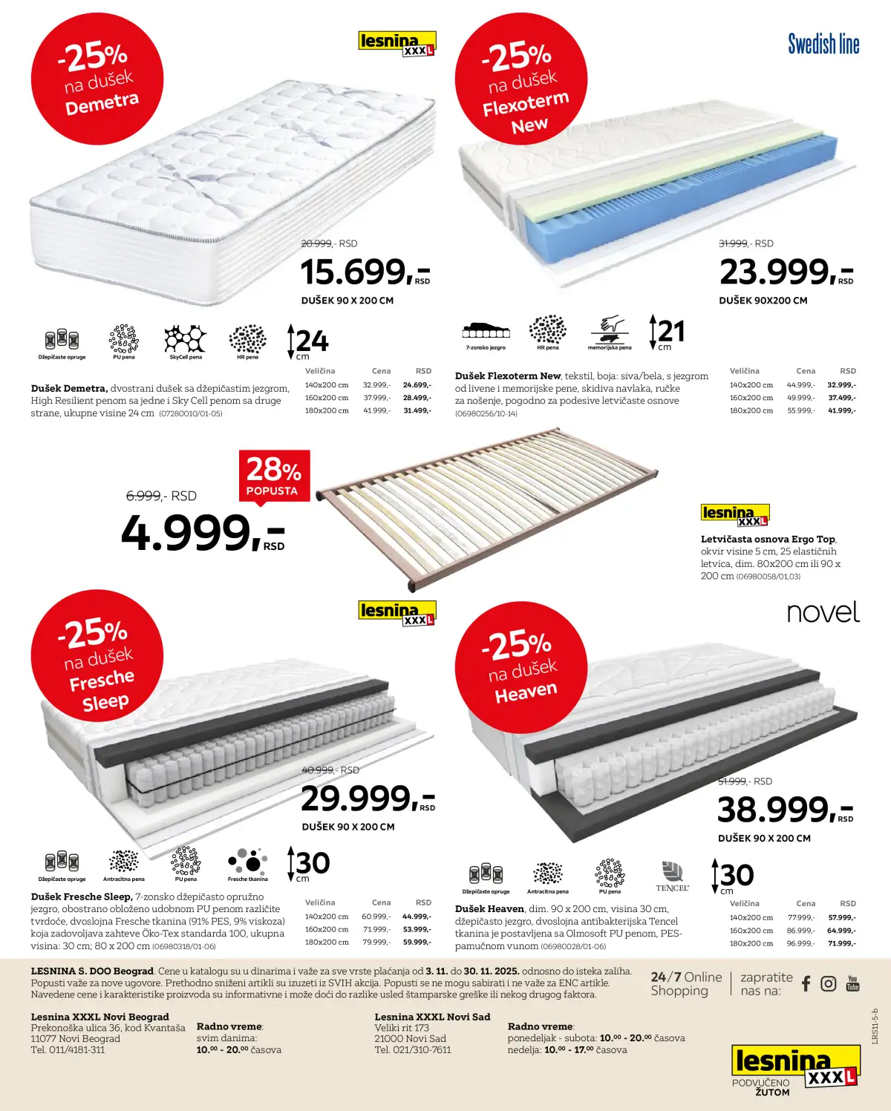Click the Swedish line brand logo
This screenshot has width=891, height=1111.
[x=823, y=45]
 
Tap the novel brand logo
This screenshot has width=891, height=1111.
[x=823, y=612]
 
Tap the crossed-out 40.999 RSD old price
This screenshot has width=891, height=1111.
[x=330, y=770]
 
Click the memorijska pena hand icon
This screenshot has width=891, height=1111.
[x=610, y=329]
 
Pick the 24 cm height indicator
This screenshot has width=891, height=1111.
[x=309, y=341]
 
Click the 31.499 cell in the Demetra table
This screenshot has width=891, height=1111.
[x=417, y=410]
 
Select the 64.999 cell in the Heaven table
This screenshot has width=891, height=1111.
[x=841, y=931]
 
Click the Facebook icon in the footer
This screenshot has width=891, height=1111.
[x=806, y=983]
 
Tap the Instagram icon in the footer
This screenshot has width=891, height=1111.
[x=829, y=983]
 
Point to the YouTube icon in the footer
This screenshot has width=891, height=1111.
[x=852, y=983]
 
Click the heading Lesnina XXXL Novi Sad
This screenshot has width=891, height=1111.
[x=432, y=1017]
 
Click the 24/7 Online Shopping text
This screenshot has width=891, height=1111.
[x=685, y=983]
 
